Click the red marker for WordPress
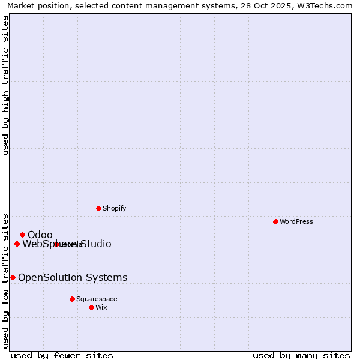[275, 221]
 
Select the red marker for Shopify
[98, 208]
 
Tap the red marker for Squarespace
[72, 299]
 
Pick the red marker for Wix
[91, 307]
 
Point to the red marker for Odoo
[22, 235]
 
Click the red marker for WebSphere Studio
[17, 244]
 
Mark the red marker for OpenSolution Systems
[13, 277]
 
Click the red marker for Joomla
[56, 244]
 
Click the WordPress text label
[296, 221]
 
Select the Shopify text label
[114, 208]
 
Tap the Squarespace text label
[97, 299]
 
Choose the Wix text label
[101, 307]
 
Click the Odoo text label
[40, 235]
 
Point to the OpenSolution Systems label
[73, 277]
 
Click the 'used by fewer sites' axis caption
[62, 355]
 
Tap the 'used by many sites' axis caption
[301, 355]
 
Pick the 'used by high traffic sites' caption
[5, 85]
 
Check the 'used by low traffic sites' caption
[5, 280]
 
